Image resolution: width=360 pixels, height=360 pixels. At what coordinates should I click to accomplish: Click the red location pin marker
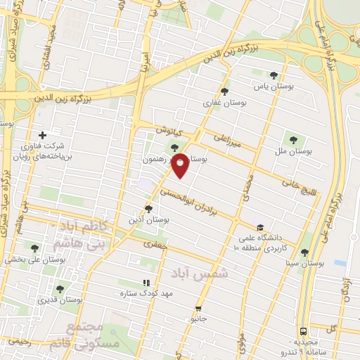pos(181,165)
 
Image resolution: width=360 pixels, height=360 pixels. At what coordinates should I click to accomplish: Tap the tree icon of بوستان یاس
pos(274,76)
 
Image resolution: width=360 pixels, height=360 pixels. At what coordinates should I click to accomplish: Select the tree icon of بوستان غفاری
pos(224,91)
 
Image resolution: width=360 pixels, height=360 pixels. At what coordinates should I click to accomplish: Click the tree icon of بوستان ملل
pos(293,140)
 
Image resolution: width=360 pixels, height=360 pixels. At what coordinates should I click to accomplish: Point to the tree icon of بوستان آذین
pos(148,208)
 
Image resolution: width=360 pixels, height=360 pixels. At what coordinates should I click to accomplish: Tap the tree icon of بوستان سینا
pos(304,252)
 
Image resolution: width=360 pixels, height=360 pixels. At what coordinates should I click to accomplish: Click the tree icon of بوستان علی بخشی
pos(35,247)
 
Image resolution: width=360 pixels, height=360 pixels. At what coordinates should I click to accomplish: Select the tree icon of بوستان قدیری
pos(59,288)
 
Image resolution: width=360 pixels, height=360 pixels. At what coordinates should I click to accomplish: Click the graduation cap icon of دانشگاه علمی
pos(260,228)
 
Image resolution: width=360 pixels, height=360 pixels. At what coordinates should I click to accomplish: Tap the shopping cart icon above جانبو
pos(200,308)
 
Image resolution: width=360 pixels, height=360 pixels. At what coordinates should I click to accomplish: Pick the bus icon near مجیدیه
pos(303,330)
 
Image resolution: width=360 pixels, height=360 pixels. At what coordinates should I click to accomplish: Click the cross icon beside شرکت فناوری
pos(43,135)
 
